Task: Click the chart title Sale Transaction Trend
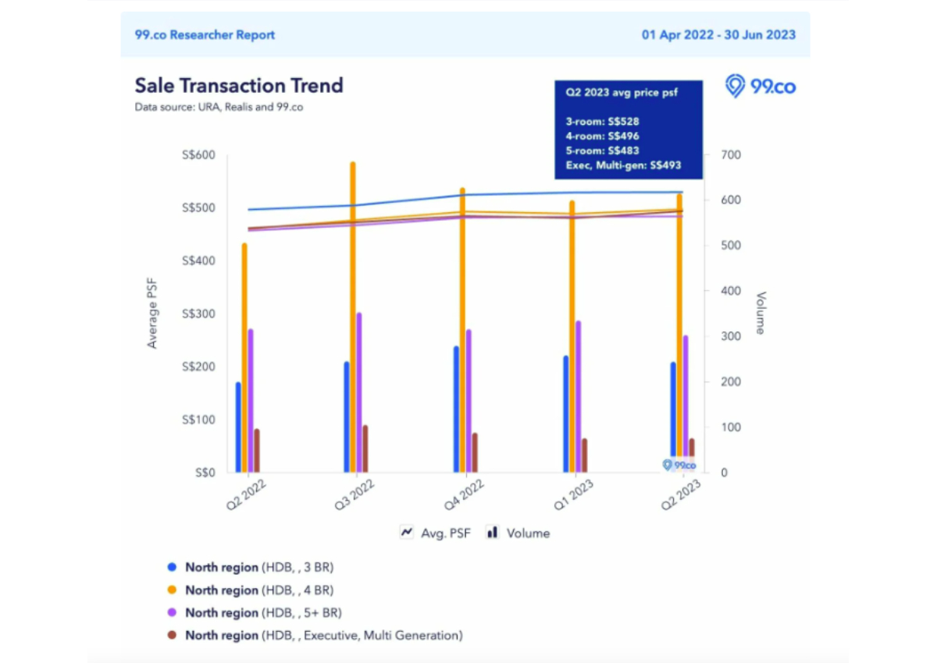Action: click(239, 85)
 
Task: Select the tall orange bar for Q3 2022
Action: click(352, 312)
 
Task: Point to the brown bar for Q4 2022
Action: click(474, 453)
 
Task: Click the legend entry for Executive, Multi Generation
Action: click(323, 635)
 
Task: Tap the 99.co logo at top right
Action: click(761, 87)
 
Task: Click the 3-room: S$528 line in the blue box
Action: click(602, 122)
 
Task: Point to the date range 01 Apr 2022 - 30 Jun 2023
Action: click(718, 35)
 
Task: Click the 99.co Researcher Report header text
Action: click(205, 35)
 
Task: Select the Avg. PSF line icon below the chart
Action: click(407, 533)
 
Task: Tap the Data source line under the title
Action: click(219, 108)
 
